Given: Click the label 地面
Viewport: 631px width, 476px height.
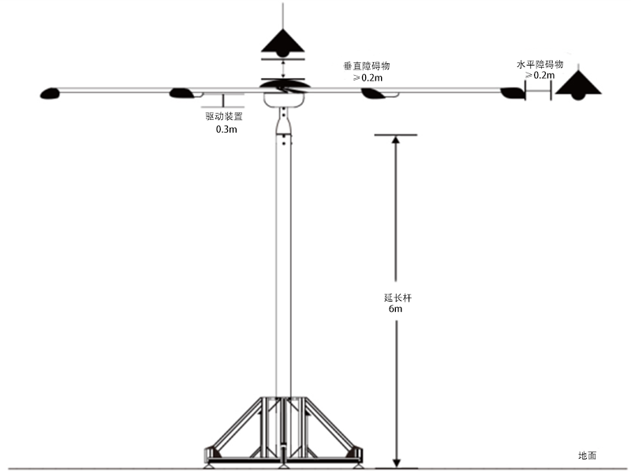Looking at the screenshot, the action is (x=587, y=455).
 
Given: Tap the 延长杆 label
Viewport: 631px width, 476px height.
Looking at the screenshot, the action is (x=398, y=298).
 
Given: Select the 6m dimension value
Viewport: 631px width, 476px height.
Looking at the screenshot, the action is (x=395, y=309).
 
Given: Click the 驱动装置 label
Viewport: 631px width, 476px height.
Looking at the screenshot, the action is (x=224, y=116).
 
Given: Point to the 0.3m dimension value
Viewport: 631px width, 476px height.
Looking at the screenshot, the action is (x=226, y=129).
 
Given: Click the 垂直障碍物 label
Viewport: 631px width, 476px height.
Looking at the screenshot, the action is (x=367, y=66).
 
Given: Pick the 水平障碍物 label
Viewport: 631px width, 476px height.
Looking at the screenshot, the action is (x=540, y=65).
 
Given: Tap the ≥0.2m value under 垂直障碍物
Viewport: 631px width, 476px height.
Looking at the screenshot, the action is (x=368, y=77).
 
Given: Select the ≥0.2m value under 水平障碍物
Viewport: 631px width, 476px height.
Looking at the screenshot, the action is (x=540, y=75).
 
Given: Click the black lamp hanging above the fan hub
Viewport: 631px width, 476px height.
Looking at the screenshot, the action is (x=283, y=43).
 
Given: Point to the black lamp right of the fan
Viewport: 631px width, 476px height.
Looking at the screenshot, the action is (x=578, y=85).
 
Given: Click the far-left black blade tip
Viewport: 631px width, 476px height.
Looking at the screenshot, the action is (x=50, y=94).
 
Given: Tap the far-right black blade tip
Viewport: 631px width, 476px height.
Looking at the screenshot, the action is (x=513, y=93).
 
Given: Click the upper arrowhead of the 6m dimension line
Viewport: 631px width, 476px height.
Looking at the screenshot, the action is (x=396, y=140).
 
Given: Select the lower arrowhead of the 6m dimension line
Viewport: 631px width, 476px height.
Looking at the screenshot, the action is (x=397, y=463).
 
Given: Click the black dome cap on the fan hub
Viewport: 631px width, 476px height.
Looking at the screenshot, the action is (x=285, y=85).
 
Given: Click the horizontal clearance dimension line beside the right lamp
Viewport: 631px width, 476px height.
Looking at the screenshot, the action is (x=538, y=91).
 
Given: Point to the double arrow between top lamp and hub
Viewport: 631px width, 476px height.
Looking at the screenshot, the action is (x=284, y=69).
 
